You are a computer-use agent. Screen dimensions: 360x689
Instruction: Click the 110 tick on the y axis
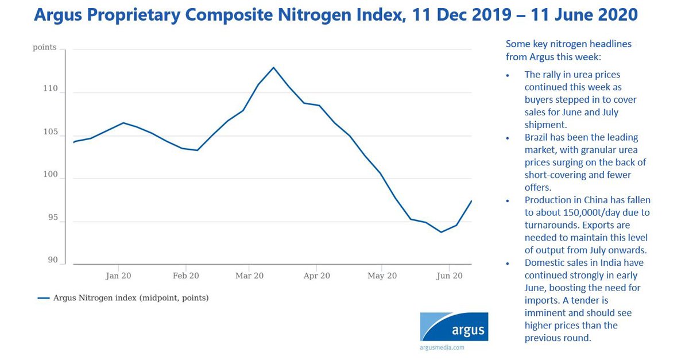pos(50,89)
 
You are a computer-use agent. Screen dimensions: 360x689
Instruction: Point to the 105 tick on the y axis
pos(50,132)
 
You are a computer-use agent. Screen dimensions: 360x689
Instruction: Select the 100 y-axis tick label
pos(50,175)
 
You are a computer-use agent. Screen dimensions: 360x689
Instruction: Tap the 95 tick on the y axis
pos(52,218)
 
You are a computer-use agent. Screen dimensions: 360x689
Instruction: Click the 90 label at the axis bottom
pos(52,260)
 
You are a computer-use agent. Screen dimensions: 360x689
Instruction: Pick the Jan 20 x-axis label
pos(118,276)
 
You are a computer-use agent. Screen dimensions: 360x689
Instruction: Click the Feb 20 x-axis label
pos(185,276)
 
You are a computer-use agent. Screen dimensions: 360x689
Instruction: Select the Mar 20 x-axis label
pos(250,276)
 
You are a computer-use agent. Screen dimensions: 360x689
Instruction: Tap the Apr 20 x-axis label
pos(317,276)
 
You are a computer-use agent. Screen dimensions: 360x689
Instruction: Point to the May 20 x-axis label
pos(382,276)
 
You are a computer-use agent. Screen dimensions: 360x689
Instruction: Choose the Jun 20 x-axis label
pos(450,276)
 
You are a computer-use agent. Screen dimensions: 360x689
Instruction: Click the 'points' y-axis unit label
pos(45,47)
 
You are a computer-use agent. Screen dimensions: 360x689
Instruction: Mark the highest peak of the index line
pos(273,67)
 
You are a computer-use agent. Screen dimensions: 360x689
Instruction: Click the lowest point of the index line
pos(441,232)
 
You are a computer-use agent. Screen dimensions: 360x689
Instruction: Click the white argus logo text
pos(467,331)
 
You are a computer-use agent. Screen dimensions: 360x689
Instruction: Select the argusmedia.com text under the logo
pos(442,347)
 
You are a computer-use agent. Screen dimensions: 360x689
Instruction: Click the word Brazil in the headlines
pos(537,138)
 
